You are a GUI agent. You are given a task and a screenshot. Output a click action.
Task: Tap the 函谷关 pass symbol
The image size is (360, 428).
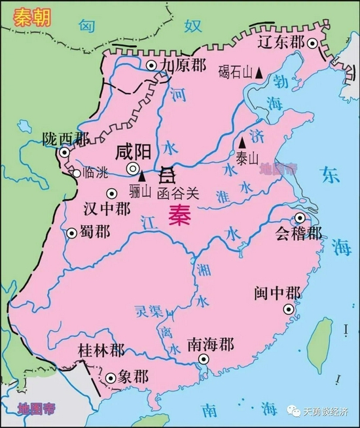click(x=168, y=174)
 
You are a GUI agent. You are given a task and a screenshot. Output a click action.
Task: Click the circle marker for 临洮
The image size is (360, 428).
click(x=77, y=173)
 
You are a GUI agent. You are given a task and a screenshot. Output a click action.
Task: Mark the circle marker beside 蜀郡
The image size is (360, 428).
click(x=71, y=232)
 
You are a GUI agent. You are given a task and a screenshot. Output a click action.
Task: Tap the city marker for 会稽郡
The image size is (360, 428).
click(x=300, y=218)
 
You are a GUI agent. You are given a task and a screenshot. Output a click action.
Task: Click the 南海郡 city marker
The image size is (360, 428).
click(x=204, y=359)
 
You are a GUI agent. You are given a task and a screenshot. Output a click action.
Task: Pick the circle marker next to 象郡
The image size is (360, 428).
click(x=110, y=377)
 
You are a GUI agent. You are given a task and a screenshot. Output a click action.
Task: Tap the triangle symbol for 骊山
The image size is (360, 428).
click(x=141, y=177)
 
